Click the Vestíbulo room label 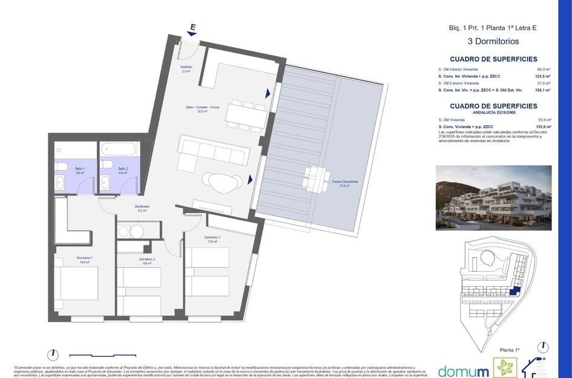(x=186, y=68)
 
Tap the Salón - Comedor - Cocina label (x=202, y=109)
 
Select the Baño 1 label (x=80, y=171)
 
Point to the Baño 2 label (x=123, y=171)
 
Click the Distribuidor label (x=142, y=208)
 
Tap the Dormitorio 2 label (x=147, y=261)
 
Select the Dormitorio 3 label (x=212, y=239)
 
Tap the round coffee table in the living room (x=220, y=180)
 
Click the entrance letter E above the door (x=192, y=27)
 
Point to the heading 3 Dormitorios (x=493, y=42)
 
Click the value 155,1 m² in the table (x=542, y=90)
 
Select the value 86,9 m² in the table (x=543, y=70)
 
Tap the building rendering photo (x=493, y=198)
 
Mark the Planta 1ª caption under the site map (x=510, y=350)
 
